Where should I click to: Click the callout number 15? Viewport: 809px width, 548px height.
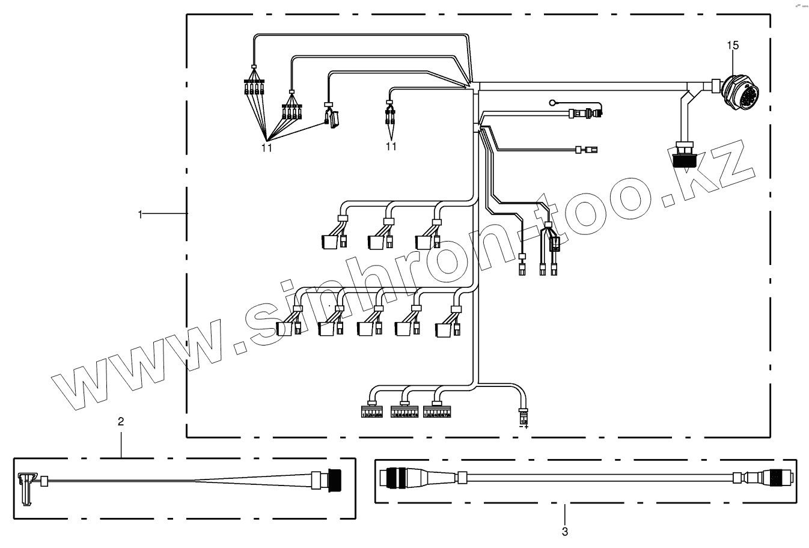point(733,45)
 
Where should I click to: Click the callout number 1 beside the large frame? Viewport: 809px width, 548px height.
point(141,213)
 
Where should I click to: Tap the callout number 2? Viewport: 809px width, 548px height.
point(121,421)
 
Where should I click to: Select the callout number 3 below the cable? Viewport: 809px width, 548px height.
point(564,531)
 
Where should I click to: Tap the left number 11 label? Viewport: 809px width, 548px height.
point(267,147)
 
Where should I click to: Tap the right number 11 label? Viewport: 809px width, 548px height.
point(391,146)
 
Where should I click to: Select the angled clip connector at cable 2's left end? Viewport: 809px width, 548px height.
point(25,484)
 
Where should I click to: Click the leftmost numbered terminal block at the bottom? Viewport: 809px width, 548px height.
point(371,413)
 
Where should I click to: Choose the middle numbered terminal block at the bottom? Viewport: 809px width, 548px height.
point(404,413)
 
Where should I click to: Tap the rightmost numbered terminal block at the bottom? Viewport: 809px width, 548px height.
point(437,413)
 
